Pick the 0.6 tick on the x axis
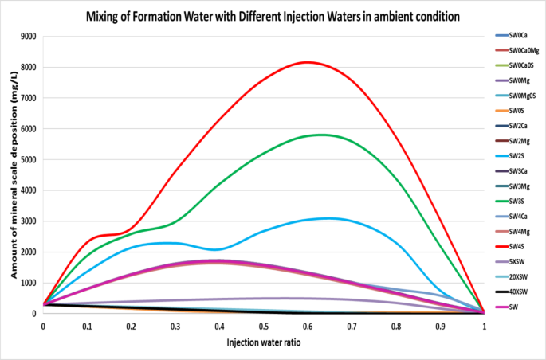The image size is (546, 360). pyautogui.click(x=308, y=326)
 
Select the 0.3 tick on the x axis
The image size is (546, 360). pyautogui.click(x=175, y=326)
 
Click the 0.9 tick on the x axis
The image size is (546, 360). pyautogui.click(x=440, y=326)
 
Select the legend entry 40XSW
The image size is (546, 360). pyautogui.click(x=520, y=292)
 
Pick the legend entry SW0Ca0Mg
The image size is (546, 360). pyautogui.click(x=524, y=50)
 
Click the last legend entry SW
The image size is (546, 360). pyautogui.click(x=516, y=307)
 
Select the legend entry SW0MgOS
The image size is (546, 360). pyautogui.click(x=523, y=96)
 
